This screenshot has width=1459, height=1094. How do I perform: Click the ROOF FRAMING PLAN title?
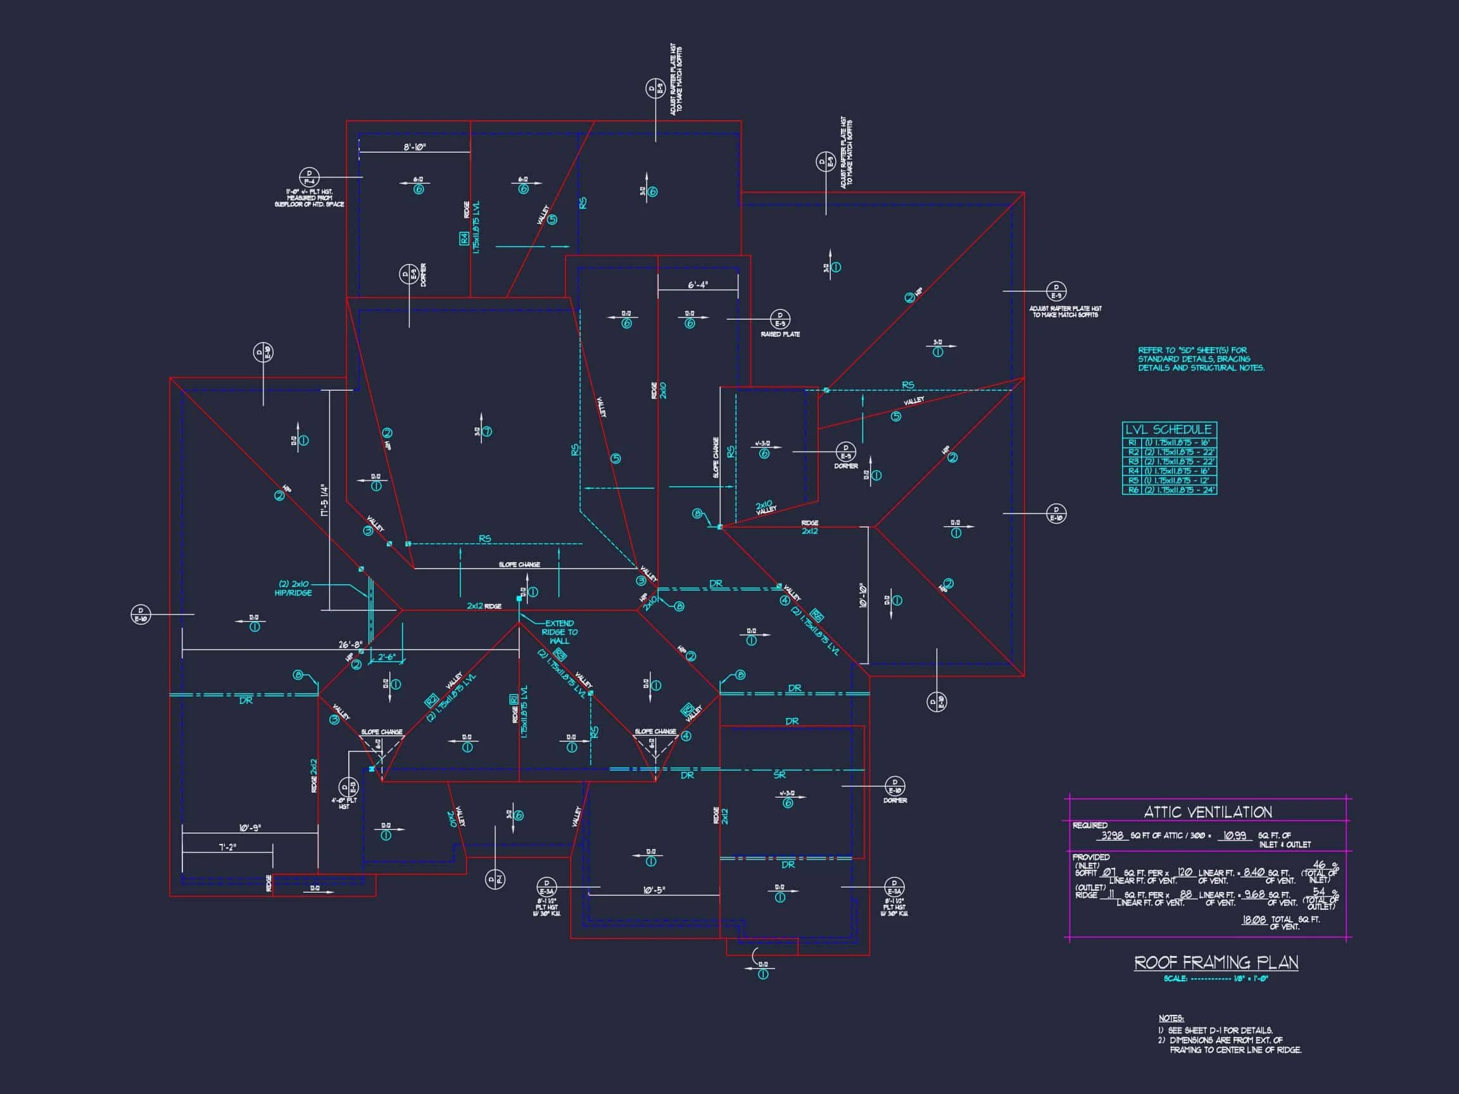1216,963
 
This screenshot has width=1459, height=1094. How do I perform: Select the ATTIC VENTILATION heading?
1207,812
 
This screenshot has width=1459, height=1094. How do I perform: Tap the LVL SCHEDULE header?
1168,429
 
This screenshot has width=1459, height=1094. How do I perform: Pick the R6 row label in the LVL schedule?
1132,490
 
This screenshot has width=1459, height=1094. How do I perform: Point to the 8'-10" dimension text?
415,147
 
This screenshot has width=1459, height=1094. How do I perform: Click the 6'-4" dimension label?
698,285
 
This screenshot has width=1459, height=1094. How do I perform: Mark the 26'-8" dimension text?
350,644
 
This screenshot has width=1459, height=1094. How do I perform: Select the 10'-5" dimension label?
654,890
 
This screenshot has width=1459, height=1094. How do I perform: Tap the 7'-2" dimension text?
227,846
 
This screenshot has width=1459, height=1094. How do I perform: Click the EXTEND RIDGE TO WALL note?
559,632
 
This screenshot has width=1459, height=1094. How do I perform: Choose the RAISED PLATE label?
780,334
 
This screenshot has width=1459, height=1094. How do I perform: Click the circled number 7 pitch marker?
487,432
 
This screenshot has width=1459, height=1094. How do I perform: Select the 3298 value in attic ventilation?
1112,836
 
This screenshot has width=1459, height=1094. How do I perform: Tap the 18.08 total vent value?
1253,920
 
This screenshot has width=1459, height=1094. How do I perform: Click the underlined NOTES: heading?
1171,1018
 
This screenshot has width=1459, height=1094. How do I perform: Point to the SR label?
780,776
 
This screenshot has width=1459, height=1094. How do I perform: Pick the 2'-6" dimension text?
386,657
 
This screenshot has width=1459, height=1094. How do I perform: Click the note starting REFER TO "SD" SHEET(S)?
1201,359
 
